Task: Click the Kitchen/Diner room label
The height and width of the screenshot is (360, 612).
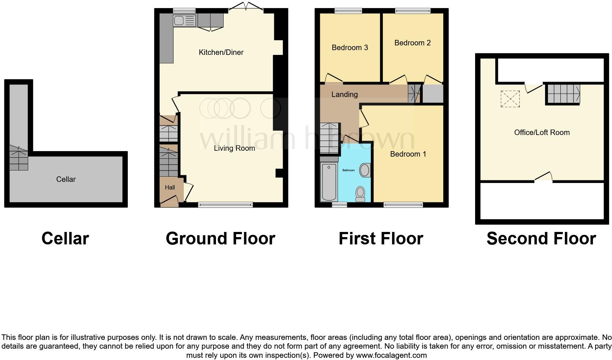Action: pos(221,52)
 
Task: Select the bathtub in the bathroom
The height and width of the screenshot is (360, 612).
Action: pos(329,182)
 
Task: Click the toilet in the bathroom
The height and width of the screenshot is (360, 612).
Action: pos(360,194)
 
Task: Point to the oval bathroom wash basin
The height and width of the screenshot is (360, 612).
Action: pos(365,170)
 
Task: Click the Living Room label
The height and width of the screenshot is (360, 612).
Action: pos(234,148)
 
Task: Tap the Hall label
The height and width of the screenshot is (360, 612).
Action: pos(170,187)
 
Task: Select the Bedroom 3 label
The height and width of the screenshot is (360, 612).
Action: pos(350,48)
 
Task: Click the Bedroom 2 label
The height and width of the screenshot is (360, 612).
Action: pos(412,43)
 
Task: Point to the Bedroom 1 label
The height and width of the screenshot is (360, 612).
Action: pos(408,154)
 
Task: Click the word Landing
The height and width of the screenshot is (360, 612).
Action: pos(344,94)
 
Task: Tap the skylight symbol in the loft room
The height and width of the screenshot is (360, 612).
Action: pos(510,99)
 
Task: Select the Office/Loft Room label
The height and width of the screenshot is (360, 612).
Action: pos(542,132)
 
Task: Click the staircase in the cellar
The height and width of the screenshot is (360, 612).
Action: pos(18,158)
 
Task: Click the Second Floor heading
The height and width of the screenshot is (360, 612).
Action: pos(541,239)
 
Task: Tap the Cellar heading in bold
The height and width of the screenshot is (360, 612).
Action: pos(65,239)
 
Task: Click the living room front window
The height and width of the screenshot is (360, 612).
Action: pos(225,205)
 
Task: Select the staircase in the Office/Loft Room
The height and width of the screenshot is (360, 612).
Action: pos(563,94)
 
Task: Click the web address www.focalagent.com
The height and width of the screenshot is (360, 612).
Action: pos(391,355)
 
